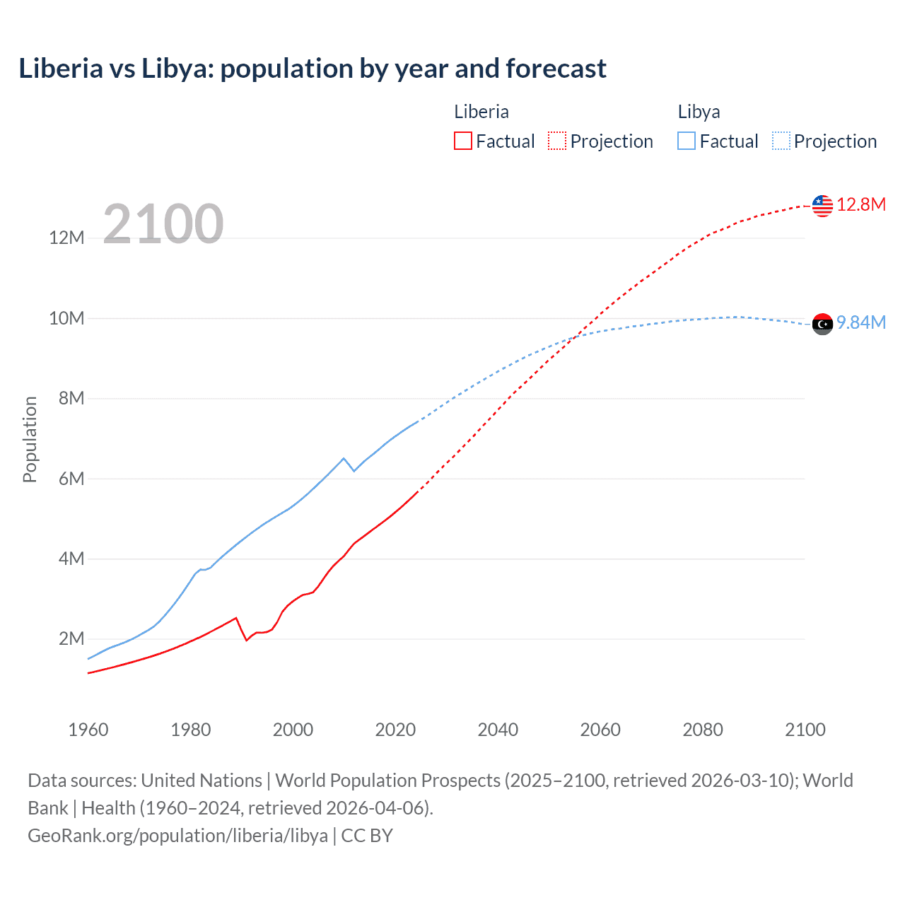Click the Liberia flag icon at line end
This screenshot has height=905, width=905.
click(822, 206)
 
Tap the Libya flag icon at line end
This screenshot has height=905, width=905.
click(822, 324)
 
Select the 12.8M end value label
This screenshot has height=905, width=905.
click(861, 205)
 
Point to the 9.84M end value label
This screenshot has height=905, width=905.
click(861, 323)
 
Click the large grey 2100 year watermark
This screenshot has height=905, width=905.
click(163, 224)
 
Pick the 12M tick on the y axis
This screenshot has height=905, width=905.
click(66, 238)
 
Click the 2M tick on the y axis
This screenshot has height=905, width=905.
click(71, 639)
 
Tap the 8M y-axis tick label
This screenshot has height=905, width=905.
click(71, 399)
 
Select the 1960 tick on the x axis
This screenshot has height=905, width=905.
click(88, 730)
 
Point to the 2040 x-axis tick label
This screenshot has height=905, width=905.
click(498, 730)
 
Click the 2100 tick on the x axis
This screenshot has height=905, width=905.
click(805, 730)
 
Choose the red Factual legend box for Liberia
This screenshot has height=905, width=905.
click(463, 141)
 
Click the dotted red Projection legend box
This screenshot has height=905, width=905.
click(557, 141)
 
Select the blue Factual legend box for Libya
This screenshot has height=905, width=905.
click(687, 141)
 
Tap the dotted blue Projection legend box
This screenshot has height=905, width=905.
click(781, 141)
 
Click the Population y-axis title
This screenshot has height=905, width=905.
click(30, 439)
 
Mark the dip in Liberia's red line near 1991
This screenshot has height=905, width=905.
click(246, 640)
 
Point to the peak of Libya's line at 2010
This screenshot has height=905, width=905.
click(344, 458)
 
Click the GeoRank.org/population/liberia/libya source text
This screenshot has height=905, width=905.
click(177, 836)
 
